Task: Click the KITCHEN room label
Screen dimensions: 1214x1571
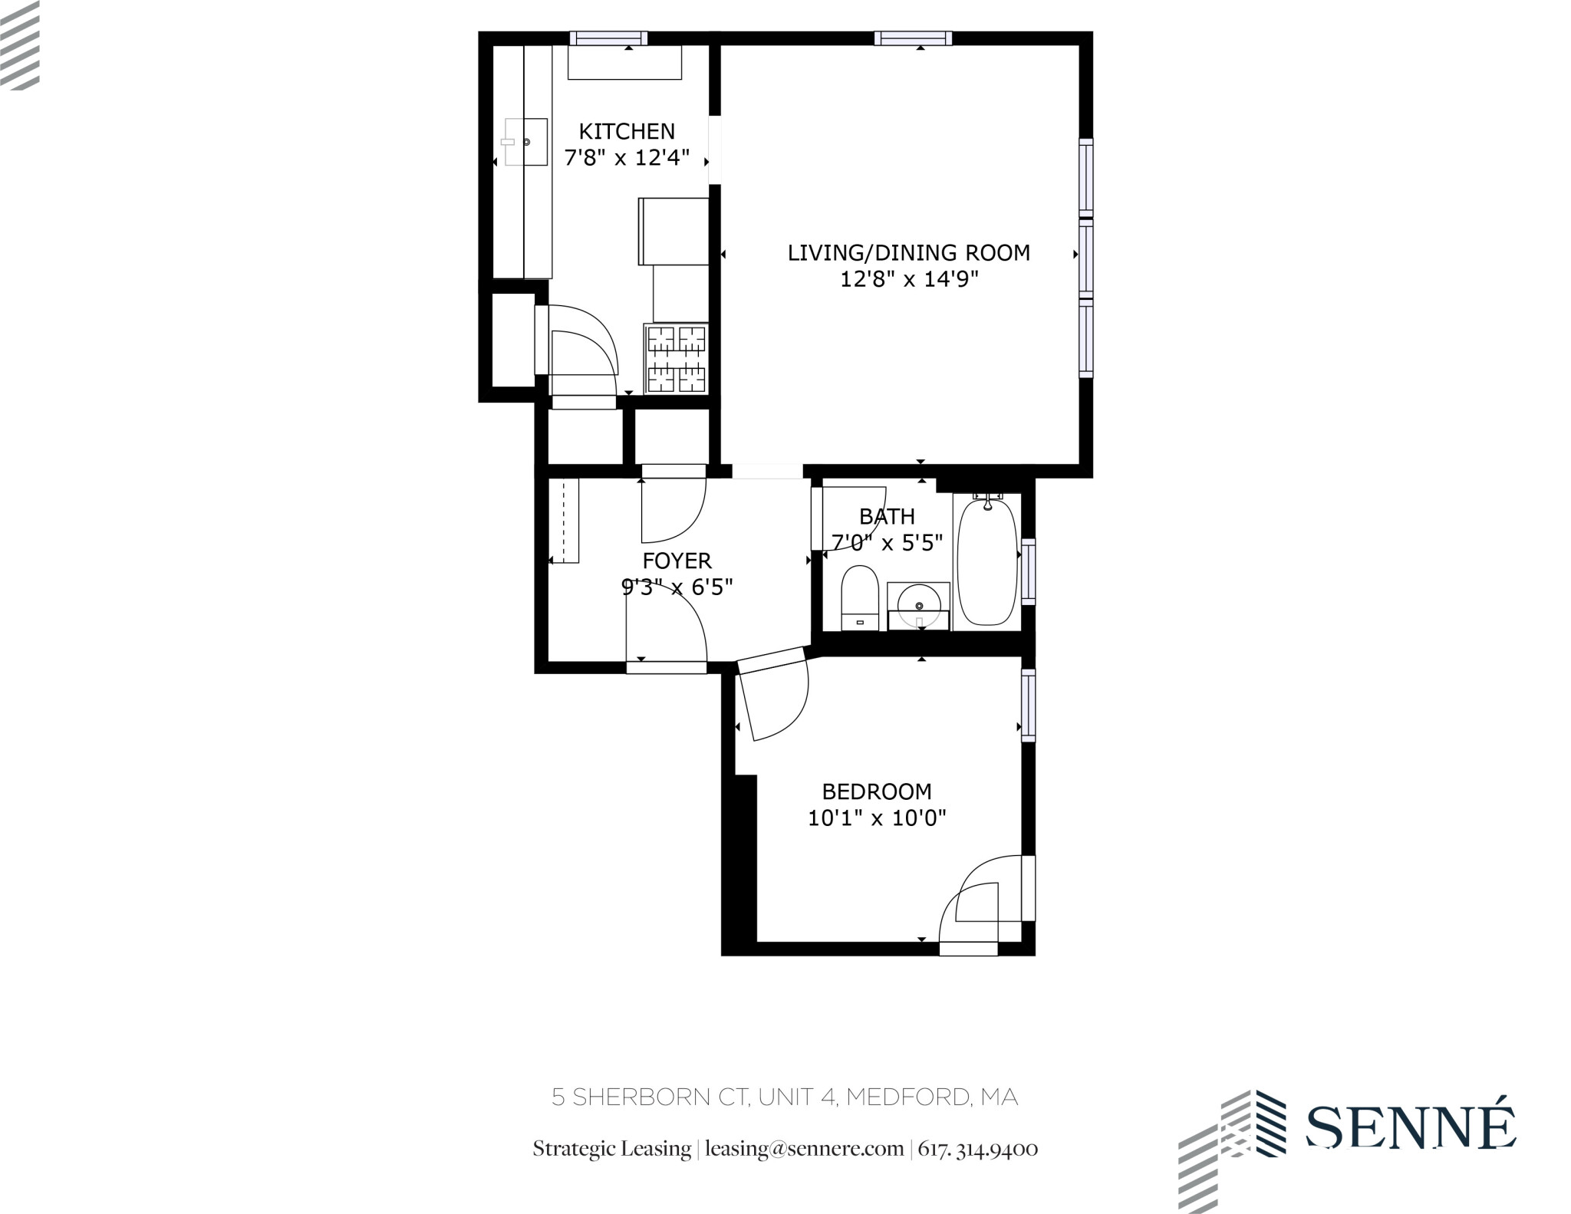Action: [x=627, y=131]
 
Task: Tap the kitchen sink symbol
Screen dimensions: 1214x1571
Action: [x=525, y=142]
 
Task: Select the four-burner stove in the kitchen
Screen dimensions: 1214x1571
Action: [x=676, y=359]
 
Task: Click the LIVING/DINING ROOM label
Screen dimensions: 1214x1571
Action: [x=909, y=252]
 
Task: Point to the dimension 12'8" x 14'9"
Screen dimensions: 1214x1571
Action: [x=909, y=279]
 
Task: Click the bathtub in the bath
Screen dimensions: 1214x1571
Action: [x=988, y=562]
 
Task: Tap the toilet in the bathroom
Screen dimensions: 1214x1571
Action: [x=859, y=598]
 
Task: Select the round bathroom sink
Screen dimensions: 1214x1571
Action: [x=918, y=605]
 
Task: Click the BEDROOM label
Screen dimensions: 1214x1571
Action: [x=877, y=791]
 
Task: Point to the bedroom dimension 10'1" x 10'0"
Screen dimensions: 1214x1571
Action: [x=877, y=818]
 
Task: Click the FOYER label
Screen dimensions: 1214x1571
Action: [x=677, y=561]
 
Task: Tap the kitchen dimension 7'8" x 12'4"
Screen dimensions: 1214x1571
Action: [x=627, y=158]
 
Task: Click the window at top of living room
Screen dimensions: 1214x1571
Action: [x=913, y=38]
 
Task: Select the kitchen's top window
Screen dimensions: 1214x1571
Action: [x=608, y=38]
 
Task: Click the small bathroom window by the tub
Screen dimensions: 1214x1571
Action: [x=1028, y=571]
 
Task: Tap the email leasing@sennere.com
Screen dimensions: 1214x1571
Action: [x=804, y=1149]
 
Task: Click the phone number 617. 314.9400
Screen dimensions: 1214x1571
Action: [x=978, y=1149]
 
